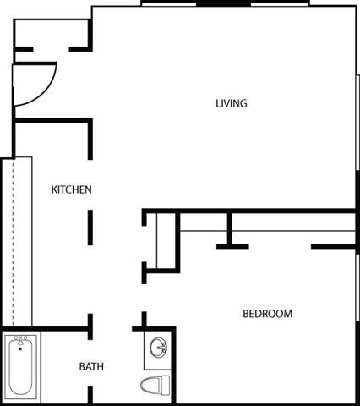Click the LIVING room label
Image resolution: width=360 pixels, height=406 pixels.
(x=231, y=104)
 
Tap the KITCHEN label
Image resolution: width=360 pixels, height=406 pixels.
(x=72, y=189)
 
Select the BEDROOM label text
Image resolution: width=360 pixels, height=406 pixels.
(x=267, y=314)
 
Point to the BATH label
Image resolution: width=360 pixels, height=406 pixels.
(x=91, y=367)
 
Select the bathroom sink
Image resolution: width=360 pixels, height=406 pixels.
(x=157, y=348)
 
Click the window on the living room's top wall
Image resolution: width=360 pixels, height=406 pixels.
(x=228, y=4)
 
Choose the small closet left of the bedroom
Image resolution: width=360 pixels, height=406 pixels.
(x=163, y=241)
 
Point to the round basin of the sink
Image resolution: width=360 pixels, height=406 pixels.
(x=158, y=348)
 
